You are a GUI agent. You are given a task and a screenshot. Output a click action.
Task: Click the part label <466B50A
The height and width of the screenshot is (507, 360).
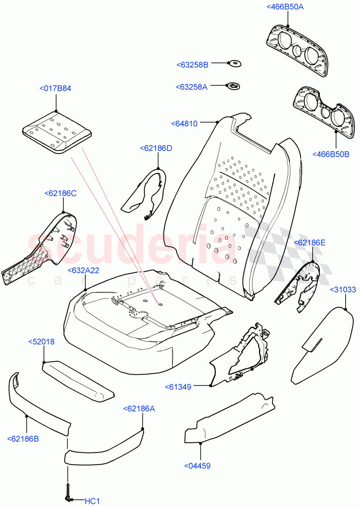click(x=285, y=7)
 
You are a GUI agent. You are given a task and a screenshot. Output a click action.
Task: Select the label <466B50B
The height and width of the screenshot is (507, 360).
click(x=331, y=154)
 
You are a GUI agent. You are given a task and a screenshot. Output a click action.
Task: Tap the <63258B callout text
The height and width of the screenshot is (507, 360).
click(x=192, y=65)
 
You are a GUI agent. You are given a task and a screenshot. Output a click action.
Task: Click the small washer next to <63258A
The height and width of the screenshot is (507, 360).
click(x=233, y=86)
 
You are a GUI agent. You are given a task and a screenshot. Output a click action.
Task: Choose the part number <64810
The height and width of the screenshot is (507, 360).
click(x=184, y=123)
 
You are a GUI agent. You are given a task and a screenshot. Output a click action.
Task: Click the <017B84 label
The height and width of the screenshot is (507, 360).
click(x=55, y=89)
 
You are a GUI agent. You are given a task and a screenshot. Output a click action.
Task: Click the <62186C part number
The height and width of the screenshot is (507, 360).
click(x=60, y=193)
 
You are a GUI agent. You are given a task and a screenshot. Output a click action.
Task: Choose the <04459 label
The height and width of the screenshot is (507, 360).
click(x=197, y=466)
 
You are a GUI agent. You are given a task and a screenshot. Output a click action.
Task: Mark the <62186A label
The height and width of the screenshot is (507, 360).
click(x=139, y=409)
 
